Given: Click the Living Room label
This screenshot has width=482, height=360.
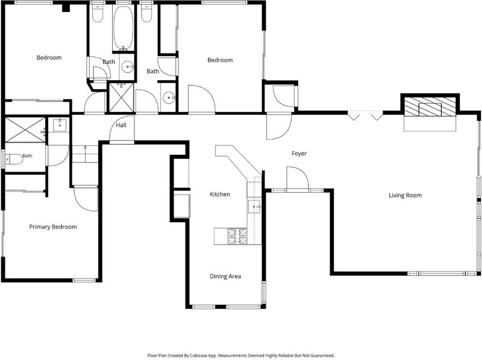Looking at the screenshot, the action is (x=405, y=196).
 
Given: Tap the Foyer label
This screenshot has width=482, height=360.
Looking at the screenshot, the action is (x=299, y=154).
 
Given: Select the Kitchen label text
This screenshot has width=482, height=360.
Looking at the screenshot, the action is (x=220, y=194).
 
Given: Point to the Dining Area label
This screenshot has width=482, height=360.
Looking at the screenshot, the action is (x=225, y=276).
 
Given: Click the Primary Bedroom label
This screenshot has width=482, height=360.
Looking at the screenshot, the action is (x=53, y=227).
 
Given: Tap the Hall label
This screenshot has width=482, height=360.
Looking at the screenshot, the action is (x=121, y=125).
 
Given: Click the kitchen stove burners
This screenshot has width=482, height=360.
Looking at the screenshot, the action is (x=237, y=236).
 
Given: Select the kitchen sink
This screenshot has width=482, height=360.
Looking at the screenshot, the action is (x=254, y=206).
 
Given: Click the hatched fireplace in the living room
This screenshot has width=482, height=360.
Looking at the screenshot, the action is (x=430, y=107).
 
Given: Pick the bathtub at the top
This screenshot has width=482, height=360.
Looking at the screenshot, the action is (x=124, y=27).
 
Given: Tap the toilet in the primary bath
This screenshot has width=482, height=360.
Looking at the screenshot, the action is (x=14, y=160).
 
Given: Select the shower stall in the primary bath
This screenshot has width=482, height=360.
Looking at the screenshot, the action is (x=25, y=129).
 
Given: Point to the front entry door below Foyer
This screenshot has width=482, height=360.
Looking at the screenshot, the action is (x=298, y=179).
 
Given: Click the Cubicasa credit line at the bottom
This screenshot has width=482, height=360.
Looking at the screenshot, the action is (x=240, y=355).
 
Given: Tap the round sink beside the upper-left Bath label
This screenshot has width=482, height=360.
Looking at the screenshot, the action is (x=127, y=67).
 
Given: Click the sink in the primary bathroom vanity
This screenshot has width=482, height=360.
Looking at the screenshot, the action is (x=60, y=125).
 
